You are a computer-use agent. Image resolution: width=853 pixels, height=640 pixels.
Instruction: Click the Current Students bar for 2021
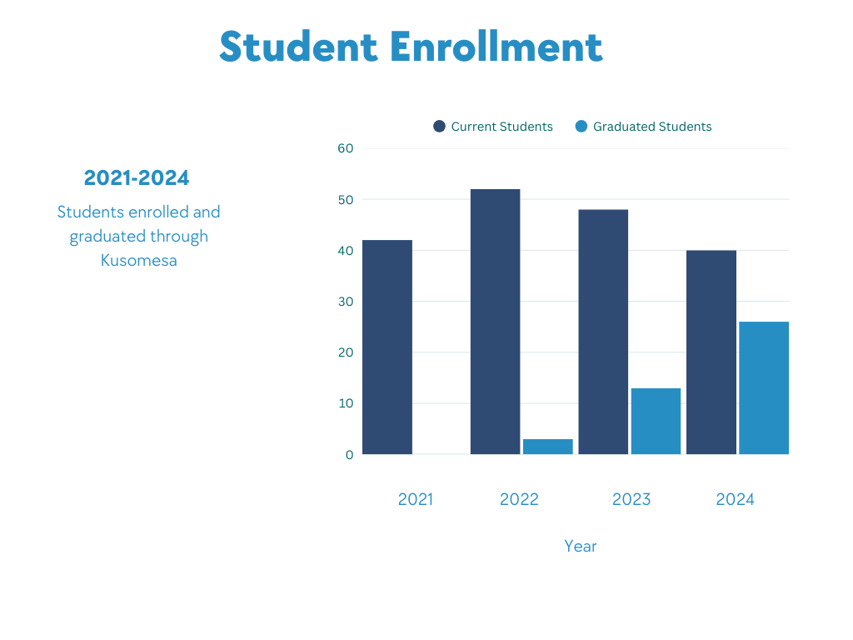pyautogui.click(x=387, y=347)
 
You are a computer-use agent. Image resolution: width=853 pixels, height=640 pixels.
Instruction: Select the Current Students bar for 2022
pyautogui.click(x=495, y=322)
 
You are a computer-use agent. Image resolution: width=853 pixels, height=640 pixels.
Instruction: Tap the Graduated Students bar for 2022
pyautogui.click(x=548, y=447)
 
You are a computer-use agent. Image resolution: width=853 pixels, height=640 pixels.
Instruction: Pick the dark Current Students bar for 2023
pyautogui.click(x=603, y=332)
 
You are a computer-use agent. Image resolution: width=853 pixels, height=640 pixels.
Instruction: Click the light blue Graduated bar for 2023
pyautogui.click(x=656, y=421)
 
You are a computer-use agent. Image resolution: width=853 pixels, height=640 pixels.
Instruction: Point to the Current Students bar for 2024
pyautogui.click(x=711, y=352)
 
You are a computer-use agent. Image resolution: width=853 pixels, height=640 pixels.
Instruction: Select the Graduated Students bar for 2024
pyautogui.click(x=764, y=387)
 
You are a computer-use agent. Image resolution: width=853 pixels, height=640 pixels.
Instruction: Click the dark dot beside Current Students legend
pyautogui.click(x=439, y=127)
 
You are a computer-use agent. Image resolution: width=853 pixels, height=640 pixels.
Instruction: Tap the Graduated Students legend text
pyautogui.click(x=652, y=127)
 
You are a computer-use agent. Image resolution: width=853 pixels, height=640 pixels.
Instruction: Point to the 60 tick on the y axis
pyautogui.click(x=345, y=148)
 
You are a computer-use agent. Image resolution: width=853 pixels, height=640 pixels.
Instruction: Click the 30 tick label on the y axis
pyautogui.click(x=345, y=302)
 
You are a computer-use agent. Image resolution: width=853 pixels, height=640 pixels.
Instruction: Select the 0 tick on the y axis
pyautogui.click(x=349, y=454)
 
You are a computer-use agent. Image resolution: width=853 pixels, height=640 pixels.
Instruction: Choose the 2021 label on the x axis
pyautogui.click(x=415, y=499)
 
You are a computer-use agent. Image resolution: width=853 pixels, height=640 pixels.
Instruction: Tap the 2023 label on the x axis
pyautogui.click(x=631, y=499)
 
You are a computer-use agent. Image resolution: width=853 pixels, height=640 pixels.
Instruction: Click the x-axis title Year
pyautogui.click(x=580, y=547)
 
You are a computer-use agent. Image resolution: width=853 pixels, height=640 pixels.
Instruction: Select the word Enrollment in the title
pyautogui.click(x=496, y=47)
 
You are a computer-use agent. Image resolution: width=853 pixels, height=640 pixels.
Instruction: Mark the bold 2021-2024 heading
pyautogui.click(x=137, y=177)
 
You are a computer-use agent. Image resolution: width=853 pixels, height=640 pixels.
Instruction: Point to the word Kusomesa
pyautogui.click(x=138, y=260)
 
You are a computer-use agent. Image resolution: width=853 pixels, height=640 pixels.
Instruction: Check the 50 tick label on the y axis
pyautogui.click(x=345, y=200)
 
